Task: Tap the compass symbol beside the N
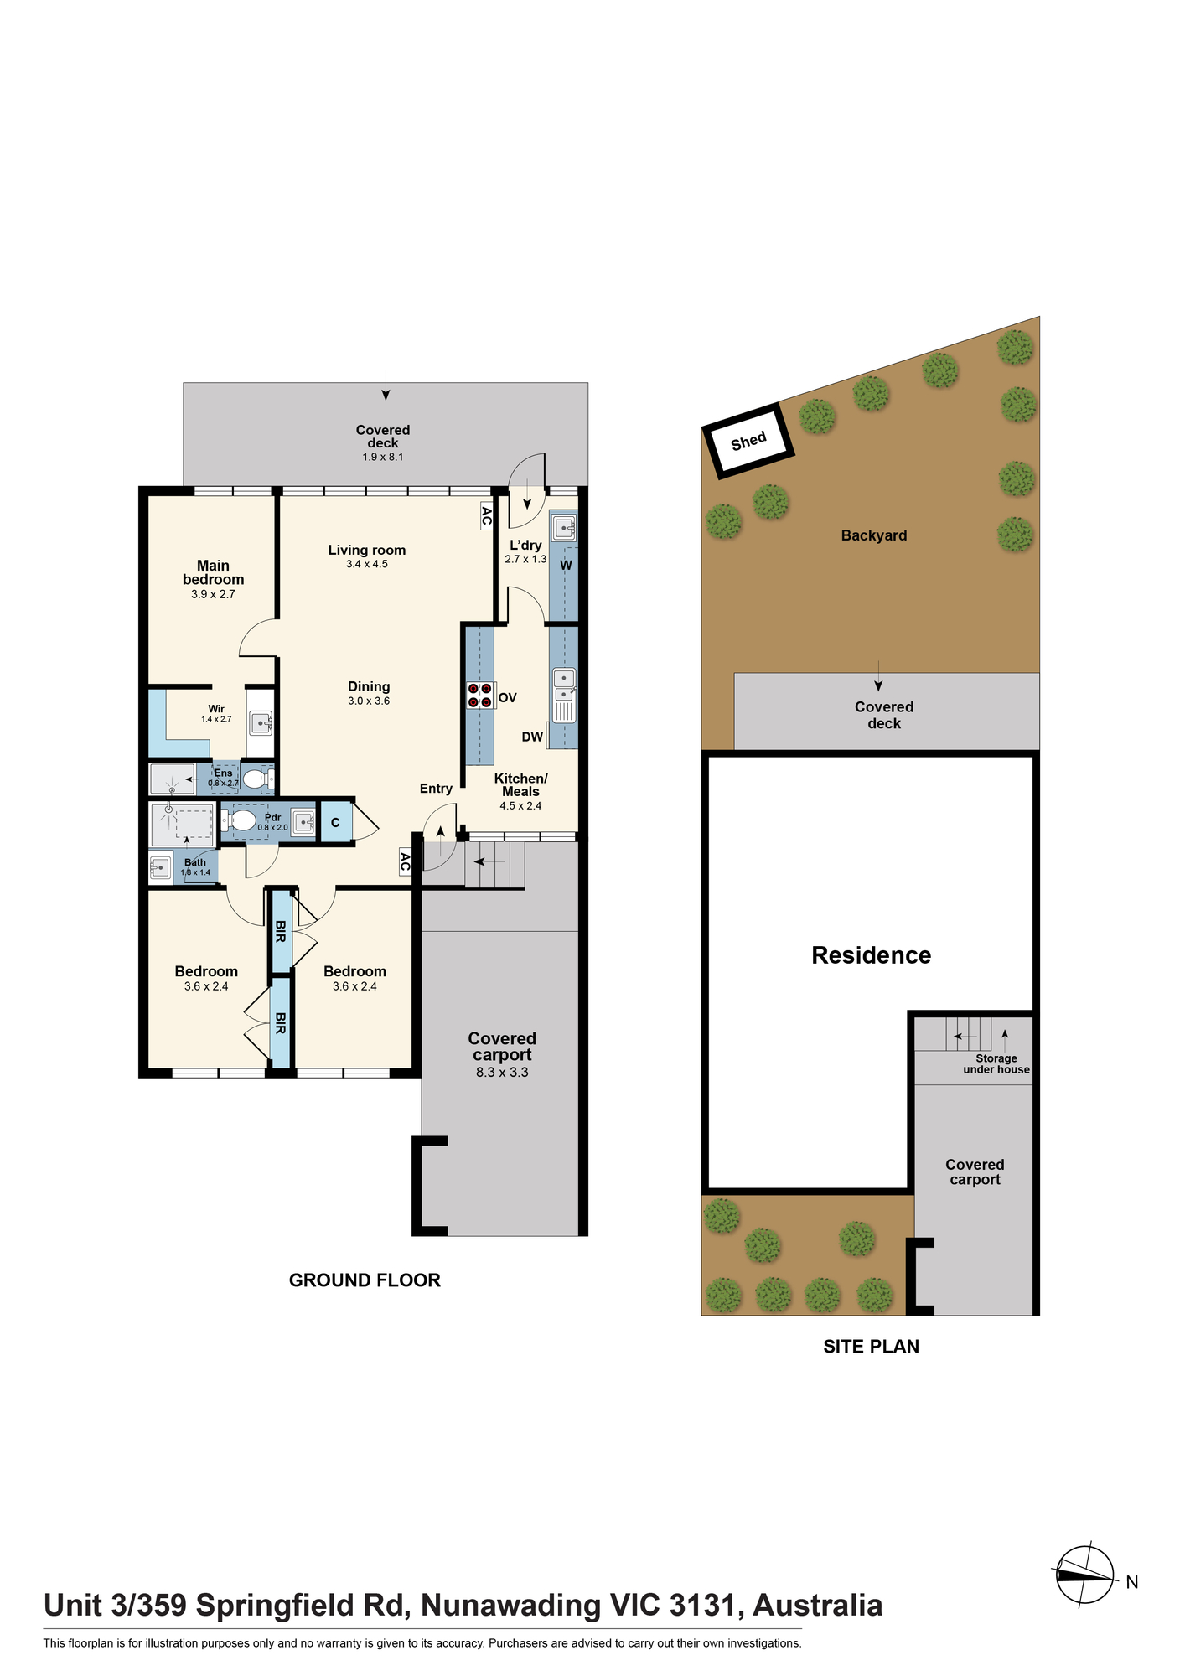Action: click(x=1084, y=1575)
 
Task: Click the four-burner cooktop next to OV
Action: click(x=480, y=696)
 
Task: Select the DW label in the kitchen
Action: click(x=532, y=737)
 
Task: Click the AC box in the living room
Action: click(x=486, y=515)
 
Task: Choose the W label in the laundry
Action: click(x=567, y=566)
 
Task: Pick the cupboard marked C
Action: click(x=335, y=823)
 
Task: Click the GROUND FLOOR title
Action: click(x=365, y=1280)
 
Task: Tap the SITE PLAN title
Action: click(x=872, y=1346)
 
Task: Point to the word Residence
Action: click(x=872, y=955)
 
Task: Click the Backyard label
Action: click(x=874, y=535)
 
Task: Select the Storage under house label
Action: click(x=996, y=1063)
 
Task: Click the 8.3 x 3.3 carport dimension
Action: click(x=502, y=1072)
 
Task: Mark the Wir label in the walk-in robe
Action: click(x=216, y=709)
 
